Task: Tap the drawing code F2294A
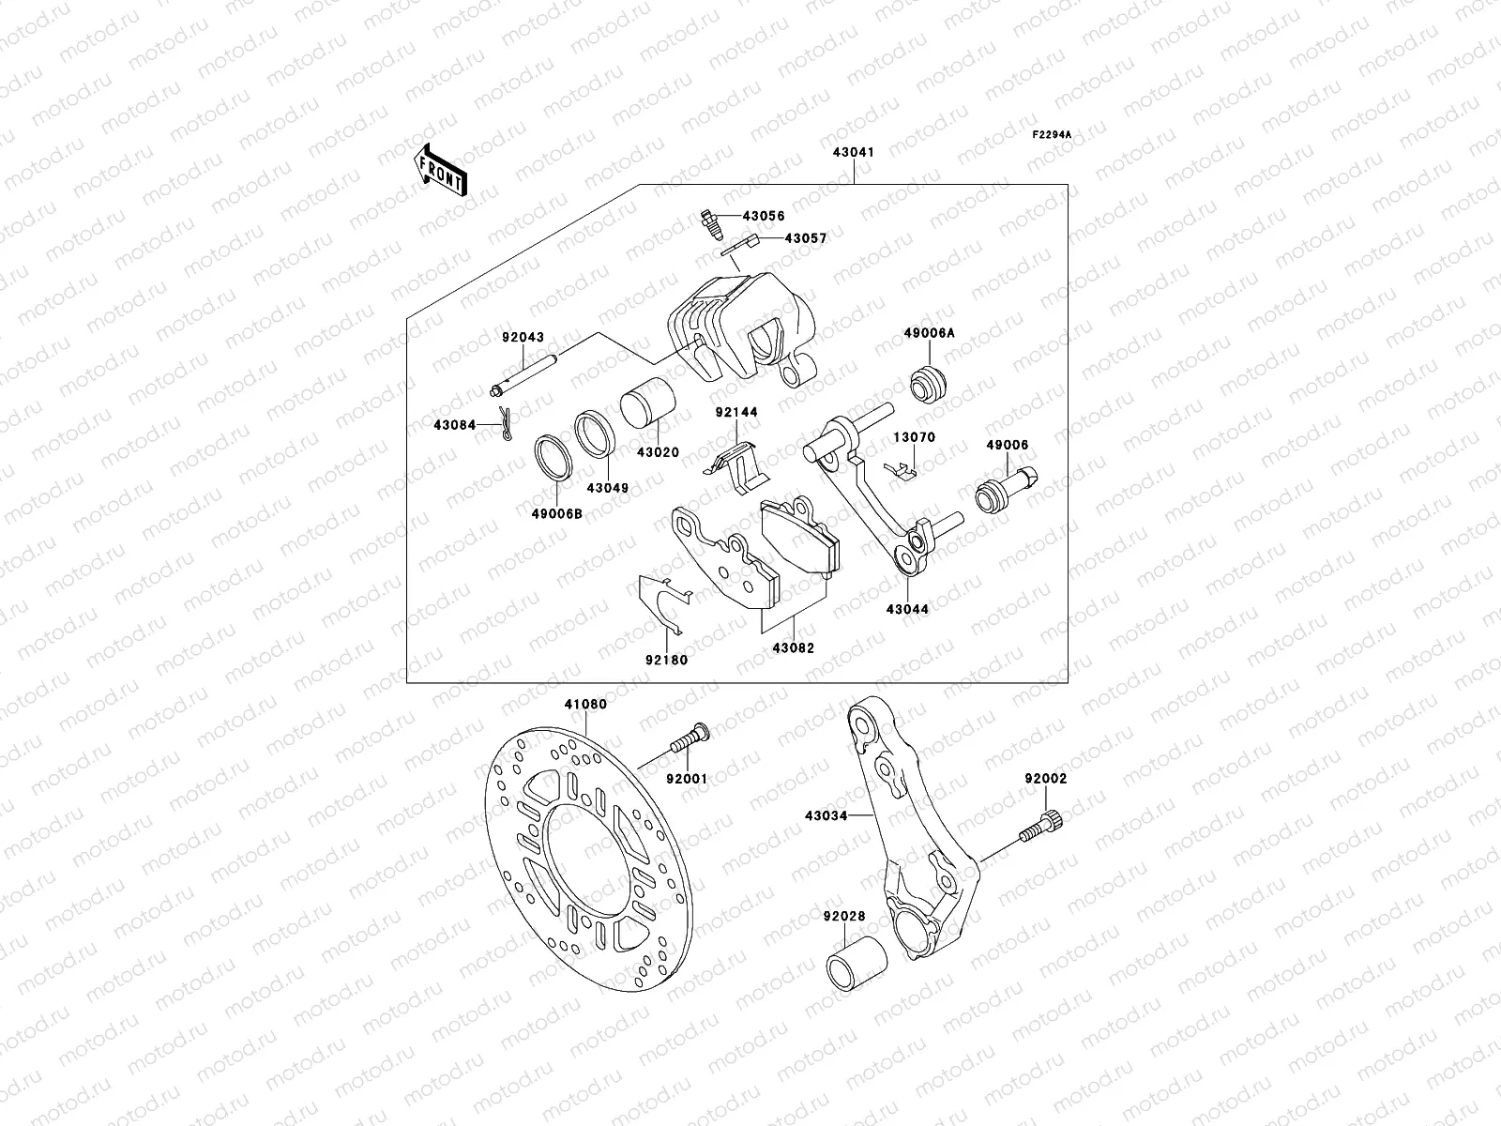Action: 1052,135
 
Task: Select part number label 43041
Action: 853,151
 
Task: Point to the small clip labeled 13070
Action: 902,469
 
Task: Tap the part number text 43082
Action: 794,648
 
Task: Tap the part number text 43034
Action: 826,816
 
